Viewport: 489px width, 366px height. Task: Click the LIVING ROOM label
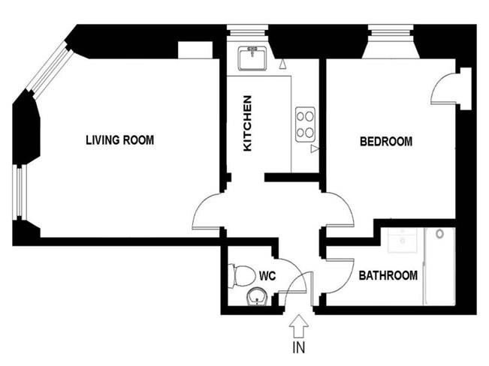click(x=119, y=139)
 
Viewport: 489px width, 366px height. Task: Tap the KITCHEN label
click(x=247, y=123)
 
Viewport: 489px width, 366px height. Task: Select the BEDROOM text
click(x=386, y=142)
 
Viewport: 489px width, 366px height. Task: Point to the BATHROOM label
click(x=388, y=275)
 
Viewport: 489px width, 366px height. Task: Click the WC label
click(x=267, y=276)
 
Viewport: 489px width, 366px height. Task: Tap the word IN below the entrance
click(x=298, y=347)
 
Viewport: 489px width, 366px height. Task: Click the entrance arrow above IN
click(x=299, y=325)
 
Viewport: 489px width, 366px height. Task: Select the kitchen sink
click(x=252, y=58)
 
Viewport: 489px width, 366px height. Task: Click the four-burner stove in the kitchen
click(x=305, y=124)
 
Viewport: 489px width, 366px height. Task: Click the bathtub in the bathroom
click(x=439, y=266)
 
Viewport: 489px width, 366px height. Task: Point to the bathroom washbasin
click(x=403, y=240)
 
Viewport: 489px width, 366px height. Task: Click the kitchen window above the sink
click(x=247, y=31)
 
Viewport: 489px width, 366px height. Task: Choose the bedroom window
click(x=391, y=31)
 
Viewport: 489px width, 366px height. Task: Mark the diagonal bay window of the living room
click(x=50, y=68)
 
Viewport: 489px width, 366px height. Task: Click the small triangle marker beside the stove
click(x=315, y=149)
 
